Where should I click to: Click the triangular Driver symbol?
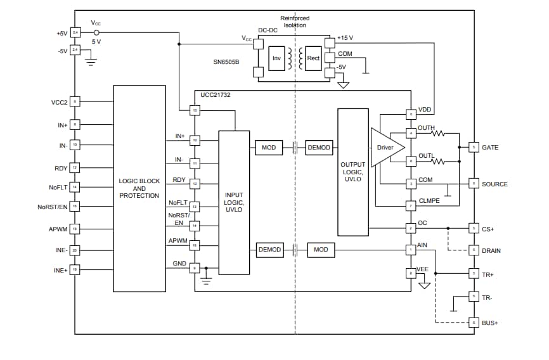pyautogui.click(x=384, y=148)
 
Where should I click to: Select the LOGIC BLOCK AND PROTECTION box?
pyautogui.click(x=139, y=188)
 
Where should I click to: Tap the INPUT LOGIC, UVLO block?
pyautogui.click(x=234, y=202)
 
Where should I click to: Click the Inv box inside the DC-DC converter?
pyautogui.click(x=276, y=58)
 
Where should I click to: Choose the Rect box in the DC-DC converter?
pyautogui.click(x=313, y=58)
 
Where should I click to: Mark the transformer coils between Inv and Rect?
pyautogui.click(x=294, y=58)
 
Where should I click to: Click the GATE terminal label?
pyautogui.click(x=490, y=148)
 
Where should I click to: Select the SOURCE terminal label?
pyautogui.click(x=494, y=184)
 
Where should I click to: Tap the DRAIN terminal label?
pyautogui.click(x=491, y=251)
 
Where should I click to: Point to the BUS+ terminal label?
pyautogui.click(x=490, y=323)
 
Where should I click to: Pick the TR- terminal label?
pyautogui.click(x=487, y=297)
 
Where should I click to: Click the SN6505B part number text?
pyautogui.click(x=226, y=63)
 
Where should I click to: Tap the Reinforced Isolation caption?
pyautogui.click(x=295, y=21)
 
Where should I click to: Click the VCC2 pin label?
pyautogui.click(x=59, y=102)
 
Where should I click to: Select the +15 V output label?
pyautogui.click(x=345, y=38)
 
